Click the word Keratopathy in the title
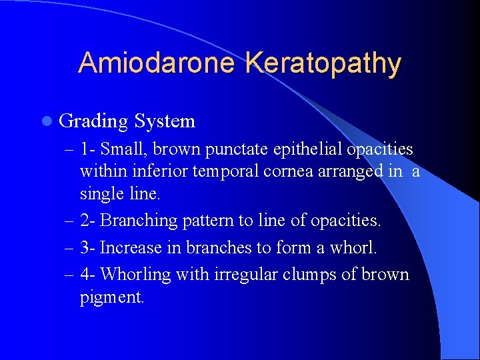coord(323,63)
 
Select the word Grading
coord(93,121)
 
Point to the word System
coord(164,121)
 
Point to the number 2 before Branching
coord(85,220)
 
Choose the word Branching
coord(133,221)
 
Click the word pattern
coord(200,221)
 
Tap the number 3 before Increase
coord(85,247)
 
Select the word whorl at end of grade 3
coord(355,247)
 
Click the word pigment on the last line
coord(111,297)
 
